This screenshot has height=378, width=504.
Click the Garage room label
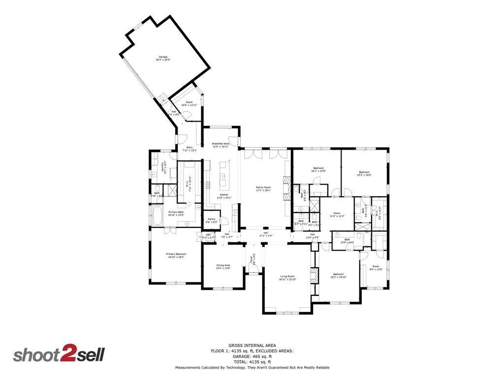tap(162, 58)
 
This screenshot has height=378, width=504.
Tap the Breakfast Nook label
tap(220, 145)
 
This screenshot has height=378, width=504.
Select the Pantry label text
tap(212, 220)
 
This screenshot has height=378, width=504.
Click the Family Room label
tap(263, 189)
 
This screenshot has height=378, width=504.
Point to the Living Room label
tap(287, 278)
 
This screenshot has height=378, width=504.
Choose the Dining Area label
tap(223, 267)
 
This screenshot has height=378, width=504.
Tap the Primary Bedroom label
tap(176, 255)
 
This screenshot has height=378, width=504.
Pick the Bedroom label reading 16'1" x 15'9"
tap(317, 170)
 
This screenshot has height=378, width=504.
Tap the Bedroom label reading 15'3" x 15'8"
tap(364, 173)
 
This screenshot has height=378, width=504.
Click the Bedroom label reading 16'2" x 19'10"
tap(338, 276)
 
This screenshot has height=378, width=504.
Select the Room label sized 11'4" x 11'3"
tap(337, 215)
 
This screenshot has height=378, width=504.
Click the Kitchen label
tap(224, 196)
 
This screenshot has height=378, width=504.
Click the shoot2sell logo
tap(59, 354)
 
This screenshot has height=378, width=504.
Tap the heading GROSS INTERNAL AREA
tap(252, 346)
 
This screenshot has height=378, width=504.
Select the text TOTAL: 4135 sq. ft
tap(252, 362)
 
